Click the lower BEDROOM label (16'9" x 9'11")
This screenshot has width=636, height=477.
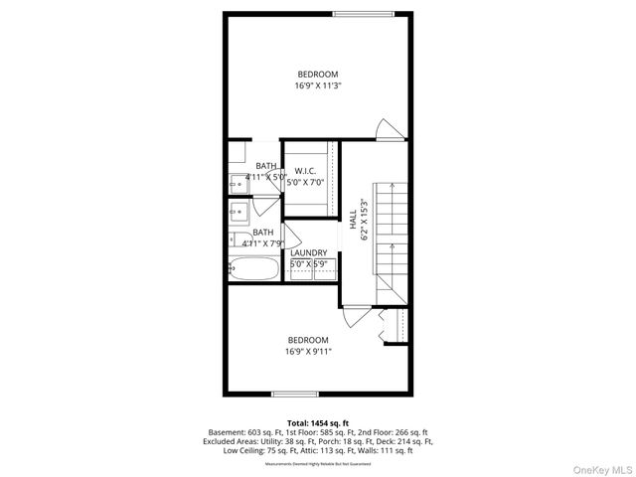coord(308,345)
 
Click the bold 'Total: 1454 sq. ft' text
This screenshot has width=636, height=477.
coord(318,423)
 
